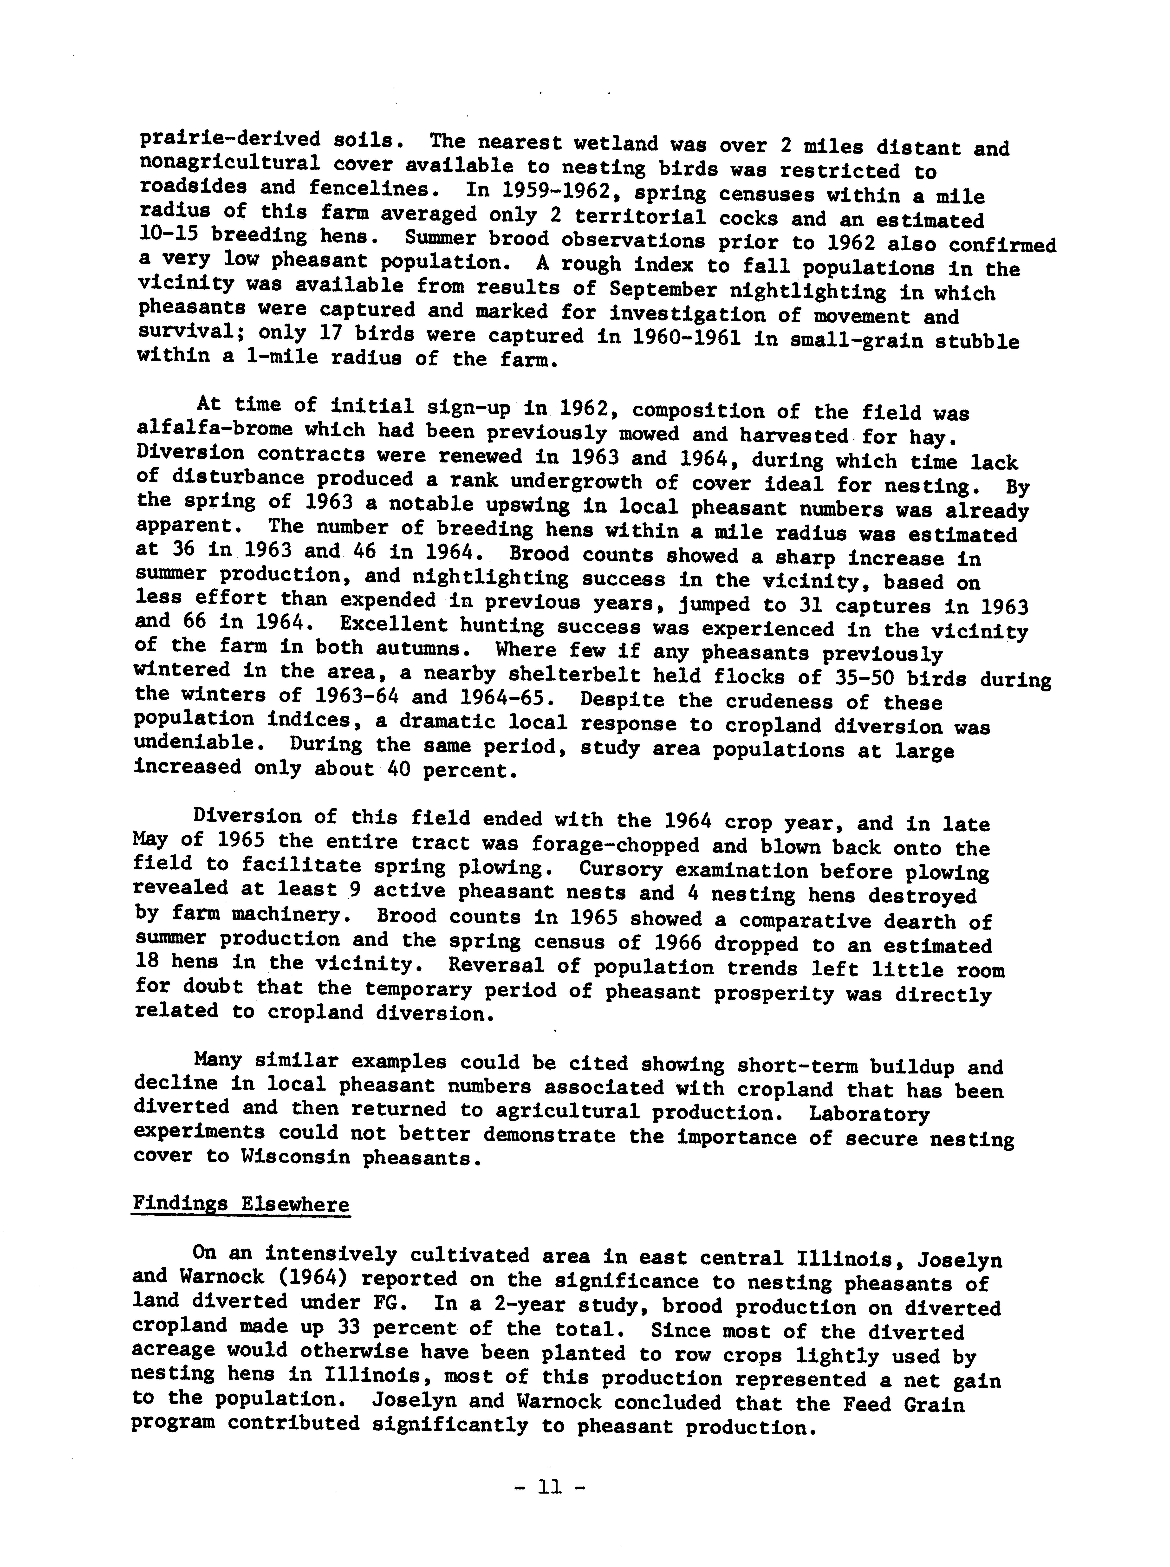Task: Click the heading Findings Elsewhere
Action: (241, 1204)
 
